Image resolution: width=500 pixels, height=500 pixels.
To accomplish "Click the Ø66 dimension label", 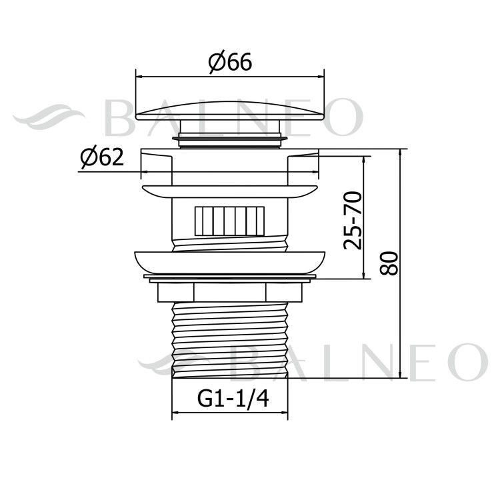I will click(229, 63).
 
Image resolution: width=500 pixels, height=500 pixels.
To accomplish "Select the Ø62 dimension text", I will click(101, 158).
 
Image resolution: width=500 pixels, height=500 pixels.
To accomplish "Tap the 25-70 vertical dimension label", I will click(353, 219).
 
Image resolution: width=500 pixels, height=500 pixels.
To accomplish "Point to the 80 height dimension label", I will click(391, 263).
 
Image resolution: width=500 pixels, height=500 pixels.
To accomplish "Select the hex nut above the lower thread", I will click(229, 291).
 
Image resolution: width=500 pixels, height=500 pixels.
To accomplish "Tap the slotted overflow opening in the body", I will click(228, 221).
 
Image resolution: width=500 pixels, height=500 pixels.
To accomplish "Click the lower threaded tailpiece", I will click(229, 340).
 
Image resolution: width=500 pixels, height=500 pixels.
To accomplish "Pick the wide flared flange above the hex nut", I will click(229, 262).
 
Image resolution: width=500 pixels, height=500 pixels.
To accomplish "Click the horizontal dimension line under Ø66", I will click(229, 77).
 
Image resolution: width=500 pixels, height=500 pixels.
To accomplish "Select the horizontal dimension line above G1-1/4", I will click(229, 413).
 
